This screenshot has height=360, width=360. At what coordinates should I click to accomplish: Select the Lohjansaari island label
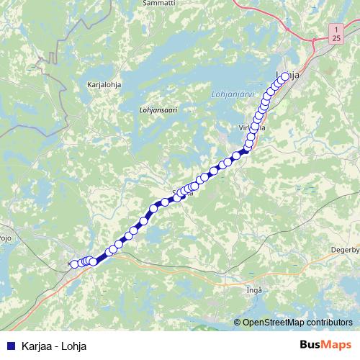click(158, 110)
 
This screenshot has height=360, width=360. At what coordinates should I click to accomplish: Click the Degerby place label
click(345, 250)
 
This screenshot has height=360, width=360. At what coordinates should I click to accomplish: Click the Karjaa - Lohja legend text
click(54, 346)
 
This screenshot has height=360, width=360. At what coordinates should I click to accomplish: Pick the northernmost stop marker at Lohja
click(285, 76)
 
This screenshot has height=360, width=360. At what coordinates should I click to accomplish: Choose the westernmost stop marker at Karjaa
click(73, 264)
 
